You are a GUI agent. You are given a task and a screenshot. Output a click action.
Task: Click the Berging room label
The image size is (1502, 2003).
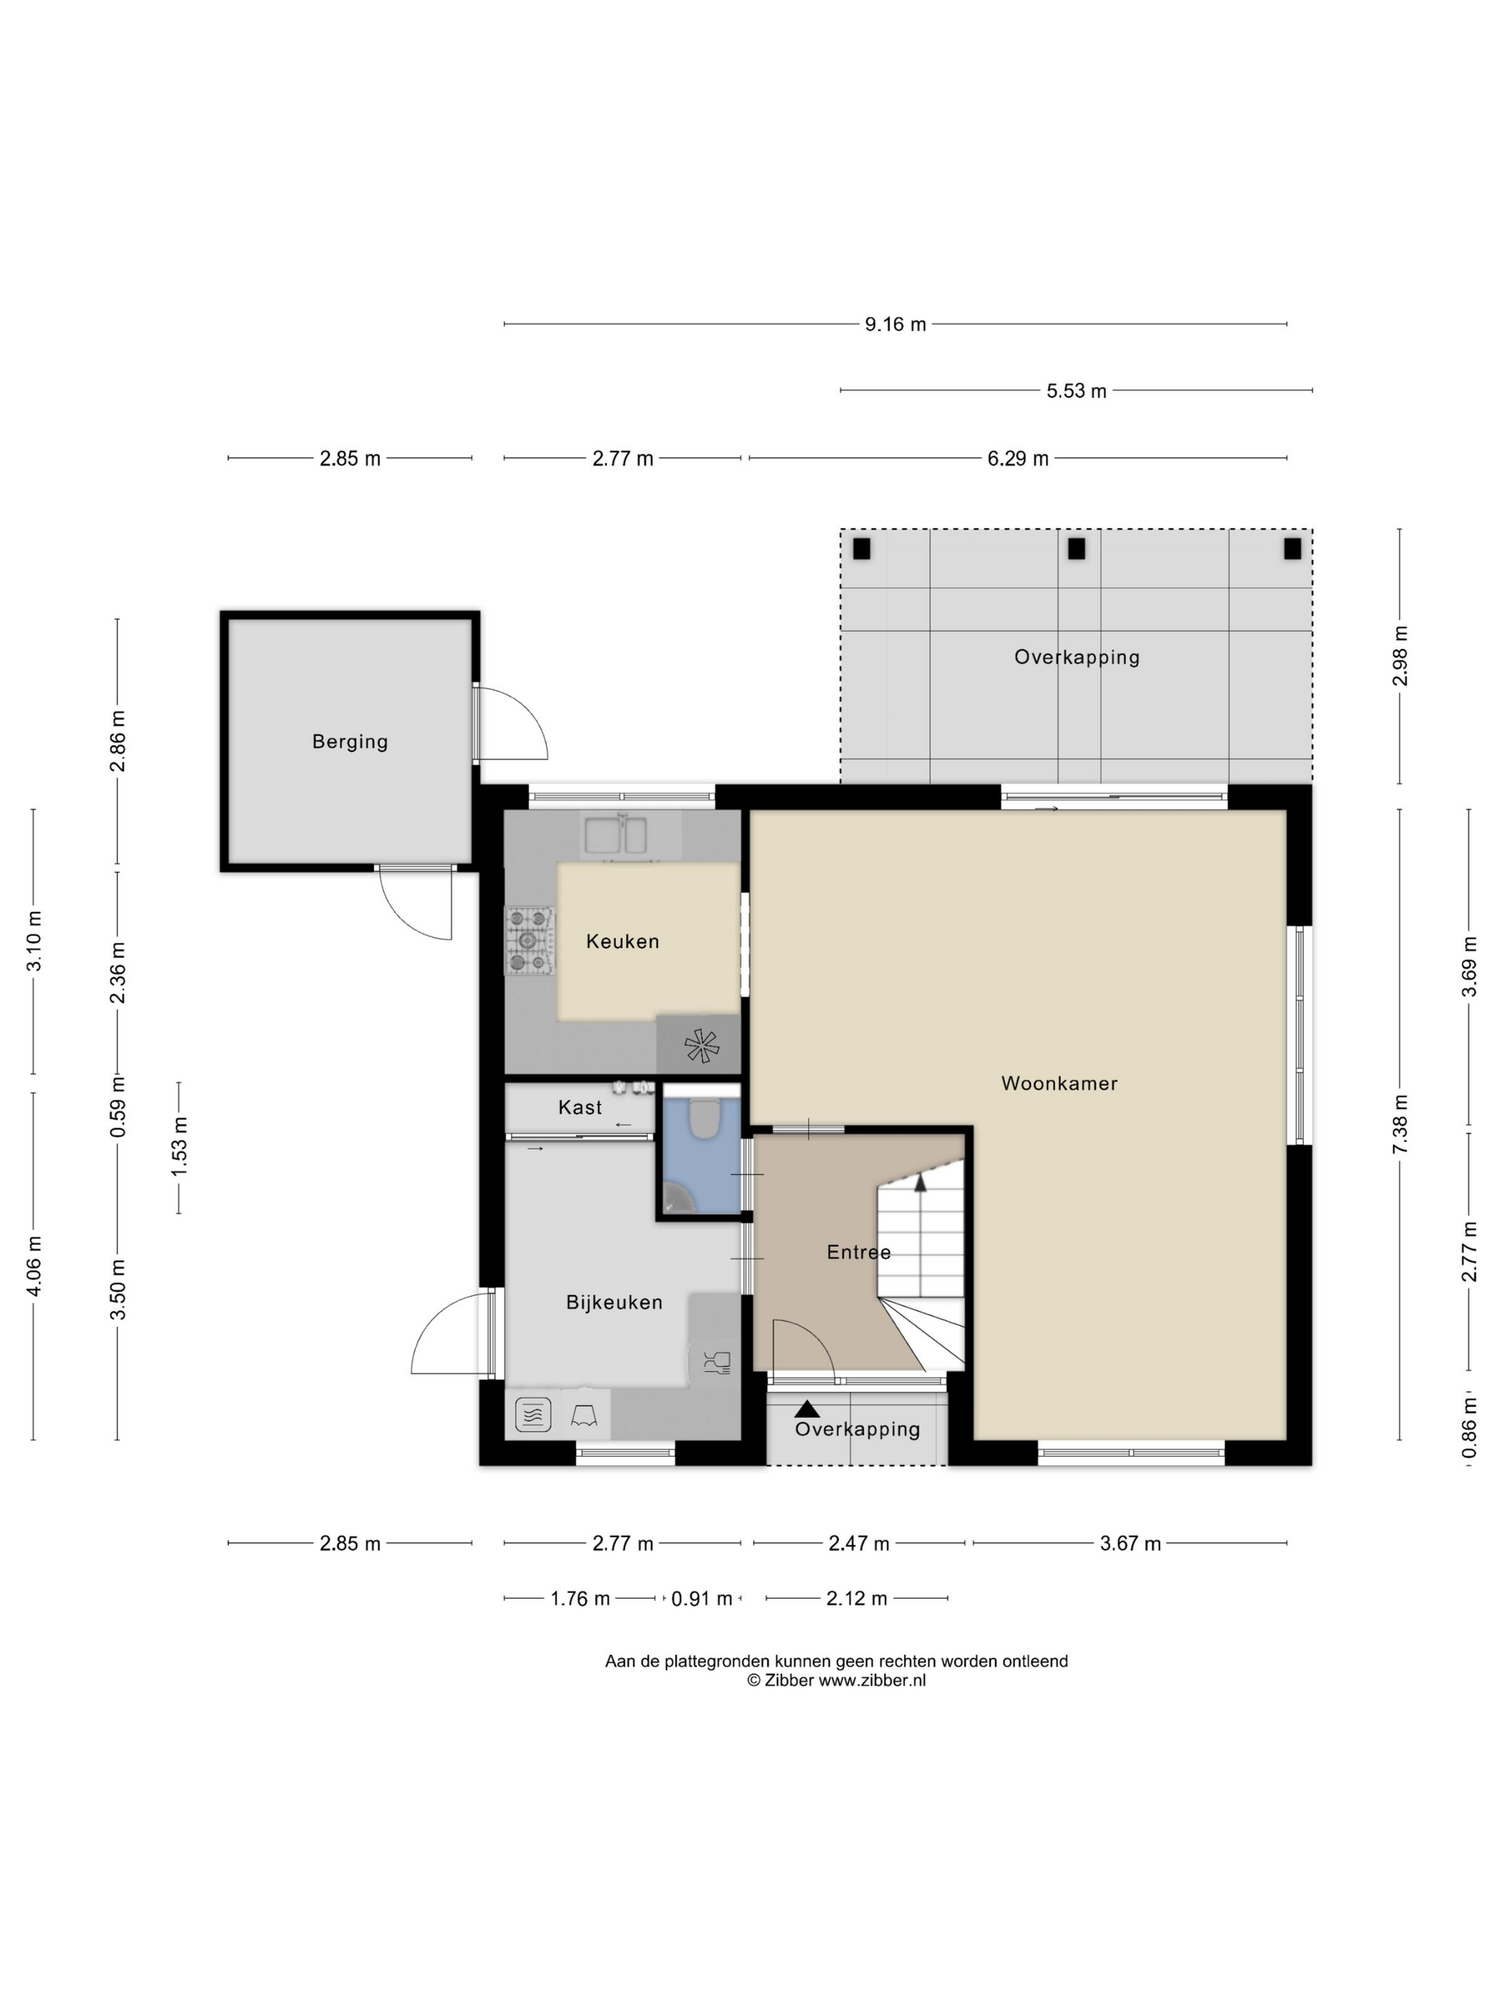point(350,742)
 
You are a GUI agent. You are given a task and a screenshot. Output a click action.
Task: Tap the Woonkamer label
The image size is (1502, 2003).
point(1059,1083)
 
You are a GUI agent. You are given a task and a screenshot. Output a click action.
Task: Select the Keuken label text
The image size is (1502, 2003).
point(622,941)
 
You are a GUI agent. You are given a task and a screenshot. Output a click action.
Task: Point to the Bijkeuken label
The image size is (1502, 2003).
point(614,1302)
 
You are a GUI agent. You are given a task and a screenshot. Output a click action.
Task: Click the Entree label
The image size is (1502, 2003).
point(858,1253)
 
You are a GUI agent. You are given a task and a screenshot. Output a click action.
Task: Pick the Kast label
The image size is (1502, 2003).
point(579,1107)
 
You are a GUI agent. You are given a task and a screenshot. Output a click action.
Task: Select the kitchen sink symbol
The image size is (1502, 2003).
point(616,835)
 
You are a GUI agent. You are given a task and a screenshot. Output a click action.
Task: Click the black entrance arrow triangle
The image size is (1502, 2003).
point(807,1409)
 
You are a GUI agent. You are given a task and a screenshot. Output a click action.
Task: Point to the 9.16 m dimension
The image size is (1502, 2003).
point(895,324)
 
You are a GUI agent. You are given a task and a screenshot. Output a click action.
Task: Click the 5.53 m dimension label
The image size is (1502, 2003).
point(1076,391)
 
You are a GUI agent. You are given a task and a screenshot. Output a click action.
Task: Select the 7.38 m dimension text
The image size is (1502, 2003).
point(1400,1124)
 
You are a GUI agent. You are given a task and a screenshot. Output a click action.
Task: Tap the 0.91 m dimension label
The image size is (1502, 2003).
point(702,1598)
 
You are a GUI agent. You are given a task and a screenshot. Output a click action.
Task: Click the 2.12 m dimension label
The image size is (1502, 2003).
point(856,1598)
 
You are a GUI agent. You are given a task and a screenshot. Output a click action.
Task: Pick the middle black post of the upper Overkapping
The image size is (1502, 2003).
point(1076,549)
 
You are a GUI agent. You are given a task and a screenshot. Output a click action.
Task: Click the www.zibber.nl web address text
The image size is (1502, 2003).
point(872,1680)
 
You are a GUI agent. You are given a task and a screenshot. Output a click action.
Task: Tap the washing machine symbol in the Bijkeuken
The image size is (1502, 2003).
point(532,1414)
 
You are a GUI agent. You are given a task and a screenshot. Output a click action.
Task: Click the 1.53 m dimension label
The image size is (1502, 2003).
point(180,1147)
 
